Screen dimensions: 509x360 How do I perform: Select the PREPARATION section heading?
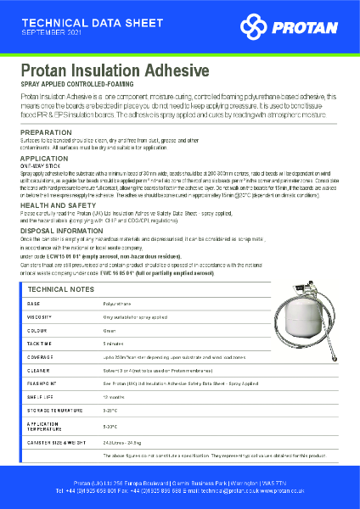click(46, 133)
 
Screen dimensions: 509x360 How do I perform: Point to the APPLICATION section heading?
click(44, 159)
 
